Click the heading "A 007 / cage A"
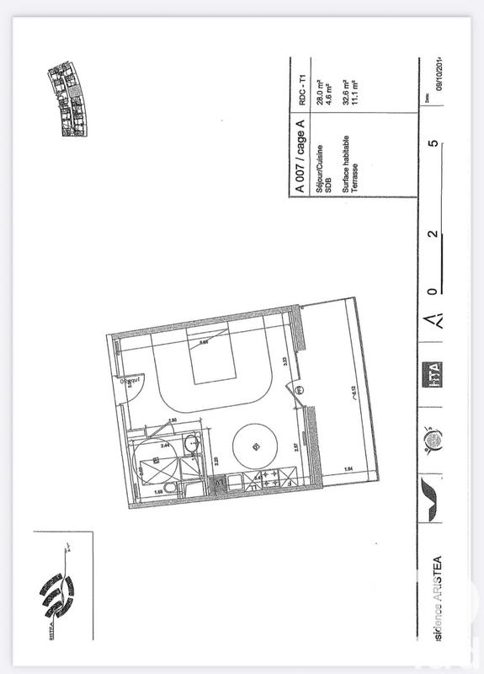coord(300,156)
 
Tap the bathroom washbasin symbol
coord(191,439)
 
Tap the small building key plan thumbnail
coord(68,99)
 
